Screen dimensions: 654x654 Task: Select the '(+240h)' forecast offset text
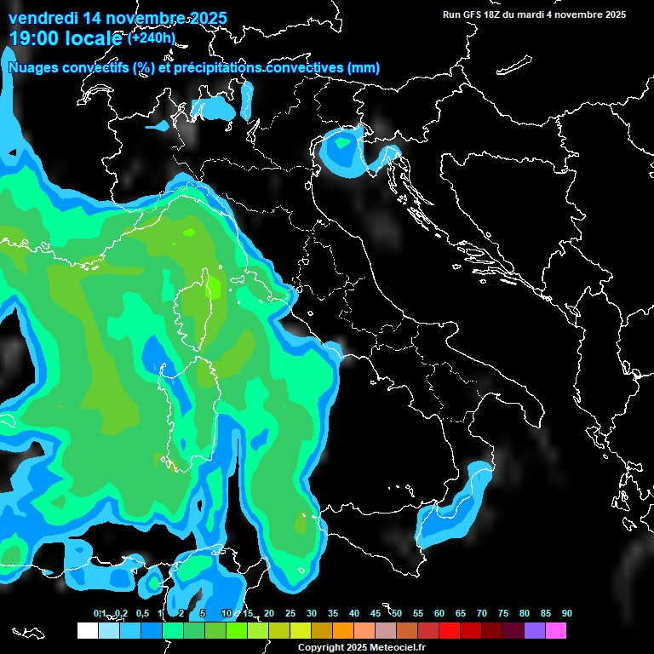(152, 37)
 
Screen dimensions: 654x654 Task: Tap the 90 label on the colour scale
(567, 614)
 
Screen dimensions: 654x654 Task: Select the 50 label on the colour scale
(397, 614)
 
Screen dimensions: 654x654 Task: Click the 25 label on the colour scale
(290, 614)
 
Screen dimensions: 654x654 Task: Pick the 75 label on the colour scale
(503, 614)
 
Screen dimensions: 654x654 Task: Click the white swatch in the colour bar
(87, 631)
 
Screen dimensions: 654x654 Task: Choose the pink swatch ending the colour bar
(555, 631)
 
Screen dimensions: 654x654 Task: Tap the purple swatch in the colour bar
(534, 631)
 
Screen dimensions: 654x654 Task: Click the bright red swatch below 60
(449, 631)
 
